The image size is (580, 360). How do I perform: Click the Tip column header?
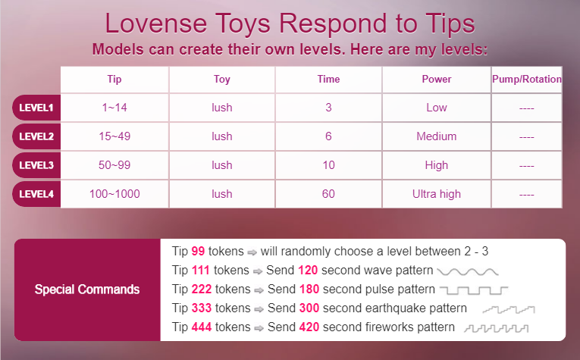click(114, 79)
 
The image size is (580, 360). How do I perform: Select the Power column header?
click(437, 79)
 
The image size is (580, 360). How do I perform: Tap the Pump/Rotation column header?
click(527, 79)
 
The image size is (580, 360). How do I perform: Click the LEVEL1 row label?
click(36, 108)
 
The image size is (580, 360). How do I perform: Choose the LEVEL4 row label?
click(36, 194)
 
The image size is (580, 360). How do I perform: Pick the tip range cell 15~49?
click(114, 136)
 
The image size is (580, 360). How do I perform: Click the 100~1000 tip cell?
click(114, 194)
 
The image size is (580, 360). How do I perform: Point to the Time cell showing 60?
click(328, 194)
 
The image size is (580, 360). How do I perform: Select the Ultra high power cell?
click(437, 194)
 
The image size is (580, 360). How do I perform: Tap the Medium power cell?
click(437, 136)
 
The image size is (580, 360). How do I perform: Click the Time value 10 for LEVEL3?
click(328, 165)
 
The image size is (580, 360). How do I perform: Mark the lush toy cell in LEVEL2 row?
click(222, 136)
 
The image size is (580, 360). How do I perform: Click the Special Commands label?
click(87, 290)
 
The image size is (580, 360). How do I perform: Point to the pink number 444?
click(202, 327)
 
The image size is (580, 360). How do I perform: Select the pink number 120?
click(308, 270)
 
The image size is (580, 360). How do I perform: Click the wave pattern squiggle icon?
click(468, 272)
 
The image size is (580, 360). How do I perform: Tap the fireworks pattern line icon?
click(497, 328)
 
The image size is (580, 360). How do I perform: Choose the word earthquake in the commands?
click(393, 308)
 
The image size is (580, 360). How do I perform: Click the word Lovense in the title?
click(155, 23)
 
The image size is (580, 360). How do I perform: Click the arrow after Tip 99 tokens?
click(252, 252)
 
